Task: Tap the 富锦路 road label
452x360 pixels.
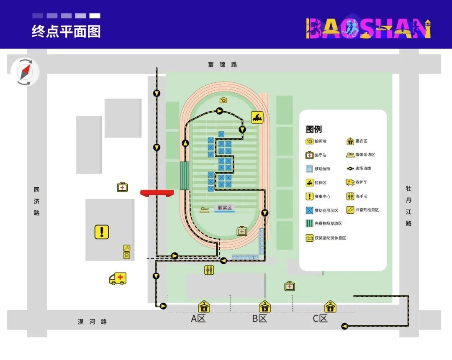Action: (x=222, y=64)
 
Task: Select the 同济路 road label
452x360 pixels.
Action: (x=37, y=201)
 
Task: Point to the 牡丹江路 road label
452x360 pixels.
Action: (x=408, y=206)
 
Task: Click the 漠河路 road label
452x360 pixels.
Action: (x=92, y=322)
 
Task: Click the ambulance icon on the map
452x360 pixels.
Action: (x=118, y=278)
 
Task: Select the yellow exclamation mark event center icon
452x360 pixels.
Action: (x=102, y=232)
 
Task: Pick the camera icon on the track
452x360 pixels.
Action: (x=223, y=100)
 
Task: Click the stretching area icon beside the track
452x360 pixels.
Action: (x=257, y=118)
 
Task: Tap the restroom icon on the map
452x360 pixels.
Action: (x=209, y=270)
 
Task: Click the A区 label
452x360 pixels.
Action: (x=198, y=319)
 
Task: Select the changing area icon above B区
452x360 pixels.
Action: (x=265, y=307)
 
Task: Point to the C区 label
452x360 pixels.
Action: (x=320, y=319)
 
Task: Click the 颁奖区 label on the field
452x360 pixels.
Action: (x=224, y=208)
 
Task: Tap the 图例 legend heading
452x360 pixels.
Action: (x=314, y=129)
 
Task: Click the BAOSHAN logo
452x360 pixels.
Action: (x=368, y=28)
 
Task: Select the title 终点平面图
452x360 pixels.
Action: (x=66, y=32)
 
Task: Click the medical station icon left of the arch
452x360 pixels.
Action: (x=122, y=187)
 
